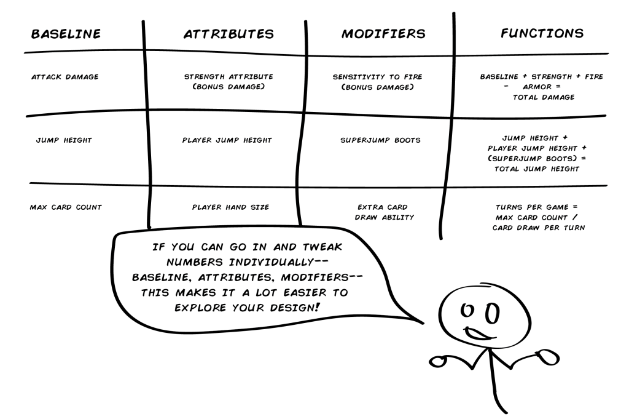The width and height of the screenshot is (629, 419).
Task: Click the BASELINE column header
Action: click(x=66, y=34)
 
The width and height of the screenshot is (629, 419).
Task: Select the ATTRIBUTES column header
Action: click(x=229, y=34)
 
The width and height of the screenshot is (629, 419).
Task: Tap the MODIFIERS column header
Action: click(x=383, y=34)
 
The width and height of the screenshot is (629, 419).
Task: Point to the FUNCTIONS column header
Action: click(x=542, y=33)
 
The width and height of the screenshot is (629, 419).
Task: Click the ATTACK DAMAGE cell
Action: click(x=64, y=78)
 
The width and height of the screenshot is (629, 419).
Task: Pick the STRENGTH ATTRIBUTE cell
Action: click(x=229, y=82)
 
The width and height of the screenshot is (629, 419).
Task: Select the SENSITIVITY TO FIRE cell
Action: click(x=377, y=82)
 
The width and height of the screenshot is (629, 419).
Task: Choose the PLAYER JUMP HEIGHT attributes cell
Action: click(x=227, y=140)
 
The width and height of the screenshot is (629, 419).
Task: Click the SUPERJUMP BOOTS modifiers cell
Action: click(x=381, y=140)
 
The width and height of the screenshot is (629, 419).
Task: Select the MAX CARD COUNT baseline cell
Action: click(x=66, y=207)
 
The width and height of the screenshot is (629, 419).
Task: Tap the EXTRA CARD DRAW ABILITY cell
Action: click(x=383, y=212)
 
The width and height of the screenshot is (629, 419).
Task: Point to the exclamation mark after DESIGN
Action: click(x=318, y=304)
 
